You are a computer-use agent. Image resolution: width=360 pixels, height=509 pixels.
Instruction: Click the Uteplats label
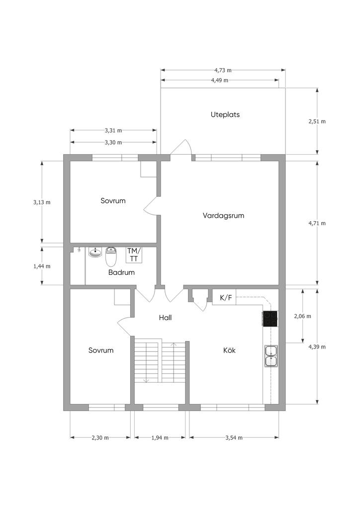[x=225, y=115]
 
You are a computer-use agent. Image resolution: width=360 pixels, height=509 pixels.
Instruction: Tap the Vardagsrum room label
[x=223, y=216]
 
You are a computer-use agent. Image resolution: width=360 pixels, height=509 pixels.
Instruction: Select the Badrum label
[x=121, y=272]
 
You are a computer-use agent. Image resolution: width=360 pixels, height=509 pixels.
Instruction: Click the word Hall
[x=165, y=318]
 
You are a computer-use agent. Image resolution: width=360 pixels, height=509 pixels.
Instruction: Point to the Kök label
[x=229, y=350]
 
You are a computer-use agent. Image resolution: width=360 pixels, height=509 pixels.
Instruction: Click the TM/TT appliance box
[x=134, y=255]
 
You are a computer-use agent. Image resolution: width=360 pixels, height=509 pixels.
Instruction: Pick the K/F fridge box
[x=224, y=297]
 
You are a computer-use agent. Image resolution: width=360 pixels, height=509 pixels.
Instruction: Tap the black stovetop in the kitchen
[x=270, y=319]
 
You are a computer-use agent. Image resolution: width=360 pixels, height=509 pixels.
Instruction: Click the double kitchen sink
[x=271, y=356]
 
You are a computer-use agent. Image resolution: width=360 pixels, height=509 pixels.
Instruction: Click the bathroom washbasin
[x=95, y=253]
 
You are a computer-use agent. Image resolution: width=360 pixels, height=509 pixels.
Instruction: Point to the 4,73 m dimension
[x=223, y=70]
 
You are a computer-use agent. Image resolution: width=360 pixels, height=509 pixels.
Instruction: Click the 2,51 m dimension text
[x=317, y=121]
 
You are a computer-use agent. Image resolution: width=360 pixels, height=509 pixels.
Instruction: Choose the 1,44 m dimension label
[x=42, y=266]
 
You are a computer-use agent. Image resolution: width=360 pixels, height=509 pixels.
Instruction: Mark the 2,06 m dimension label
[x=302, y=316]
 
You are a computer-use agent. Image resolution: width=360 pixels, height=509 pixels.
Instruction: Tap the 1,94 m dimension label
[x=160, y=437]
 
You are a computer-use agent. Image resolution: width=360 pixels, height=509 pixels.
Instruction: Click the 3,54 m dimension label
[x=234, y=437]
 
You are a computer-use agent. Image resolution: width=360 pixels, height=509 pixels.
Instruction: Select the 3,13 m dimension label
[x=42, y=202]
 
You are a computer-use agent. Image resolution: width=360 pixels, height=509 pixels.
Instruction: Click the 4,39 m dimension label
[x=317, y=346]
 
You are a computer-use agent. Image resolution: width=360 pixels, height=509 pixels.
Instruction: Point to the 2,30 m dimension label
[x=100, y=437]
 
